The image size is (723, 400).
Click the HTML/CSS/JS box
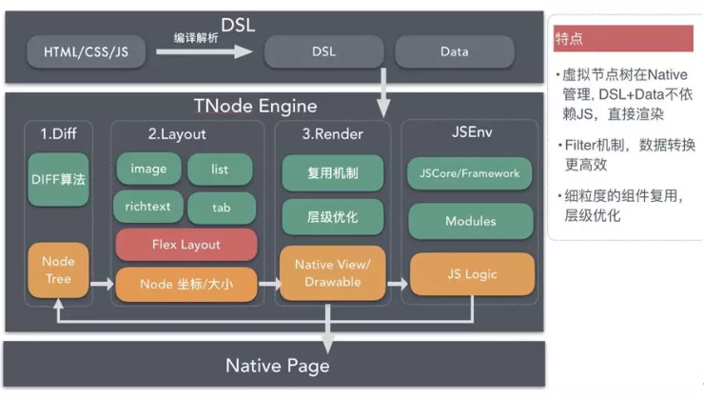[x=86, y=51]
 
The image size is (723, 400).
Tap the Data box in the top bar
[x=453, y=51]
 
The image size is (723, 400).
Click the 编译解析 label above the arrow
[x=197, y=37]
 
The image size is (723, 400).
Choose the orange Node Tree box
[x=59, y=270]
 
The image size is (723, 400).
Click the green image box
[x=147, y=169]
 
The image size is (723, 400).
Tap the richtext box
[x=147, y=206]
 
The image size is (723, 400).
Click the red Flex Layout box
[x=186, y=244]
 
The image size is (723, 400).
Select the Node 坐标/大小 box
[x=186, y=282]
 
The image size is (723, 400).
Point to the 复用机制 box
[x=333, y=173]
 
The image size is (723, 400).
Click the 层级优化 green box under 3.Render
[x=333, y=217]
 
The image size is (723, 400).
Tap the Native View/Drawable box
[x=333, y=272]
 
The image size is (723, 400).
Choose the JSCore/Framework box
[x=470, y=173]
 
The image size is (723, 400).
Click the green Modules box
[x=470, y=221]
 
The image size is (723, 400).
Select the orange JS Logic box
[x=470, y=274]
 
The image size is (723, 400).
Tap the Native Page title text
[x=277, y=366]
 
